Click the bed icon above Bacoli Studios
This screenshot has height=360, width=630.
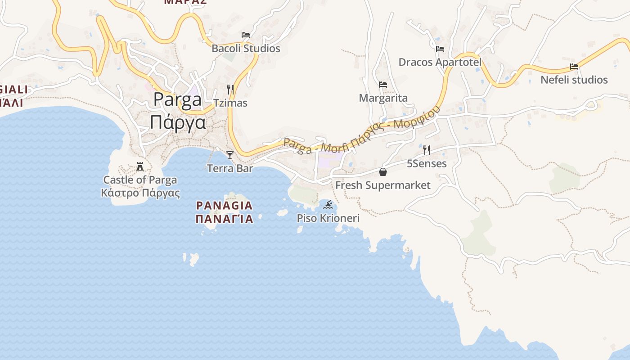click(246, 35)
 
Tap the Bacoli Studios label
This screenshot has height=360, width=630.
click(246, 49)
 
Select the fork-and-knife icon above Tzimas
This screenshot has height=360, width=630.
click(230, 89)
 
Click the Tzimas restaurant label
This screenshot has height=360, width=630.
click(230, 103)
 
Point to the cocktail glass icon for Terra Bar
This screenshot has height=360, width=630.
click(230, 155)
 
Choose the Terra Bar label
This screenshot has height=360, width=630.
click(230, 169)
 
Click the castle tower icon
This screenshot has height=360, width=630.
click(140, 167)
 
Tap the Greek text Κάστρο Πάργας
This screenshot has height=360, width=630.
click(140, 193)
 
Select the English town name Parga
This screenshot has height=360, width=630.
click(177, 100)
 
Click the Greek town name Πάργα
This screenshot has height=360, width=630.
click(178, 122)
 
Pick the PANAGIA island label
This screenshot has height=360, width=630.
click(224, 206)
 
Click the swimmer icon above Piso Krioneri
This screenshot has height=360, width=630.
click(328, 205)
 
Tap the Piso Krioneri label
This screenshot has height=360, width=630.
click(328, 219)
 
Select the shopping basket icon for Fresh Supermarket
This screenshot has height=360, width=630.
click(383, 172)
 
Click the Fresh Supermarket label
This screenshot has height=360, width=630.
click(383, 185)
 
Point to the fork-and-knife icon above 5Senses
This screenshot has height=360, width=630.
click(427, 150)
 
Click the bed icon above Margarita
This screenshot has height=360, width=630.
click(383, 84)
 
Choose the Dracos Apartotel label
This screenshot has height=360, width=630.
click(440, 62)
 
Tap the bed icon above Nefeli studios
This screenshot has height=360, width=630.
click(574, 67)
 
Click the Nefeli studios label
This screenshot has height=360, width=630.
click(574, 80)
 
